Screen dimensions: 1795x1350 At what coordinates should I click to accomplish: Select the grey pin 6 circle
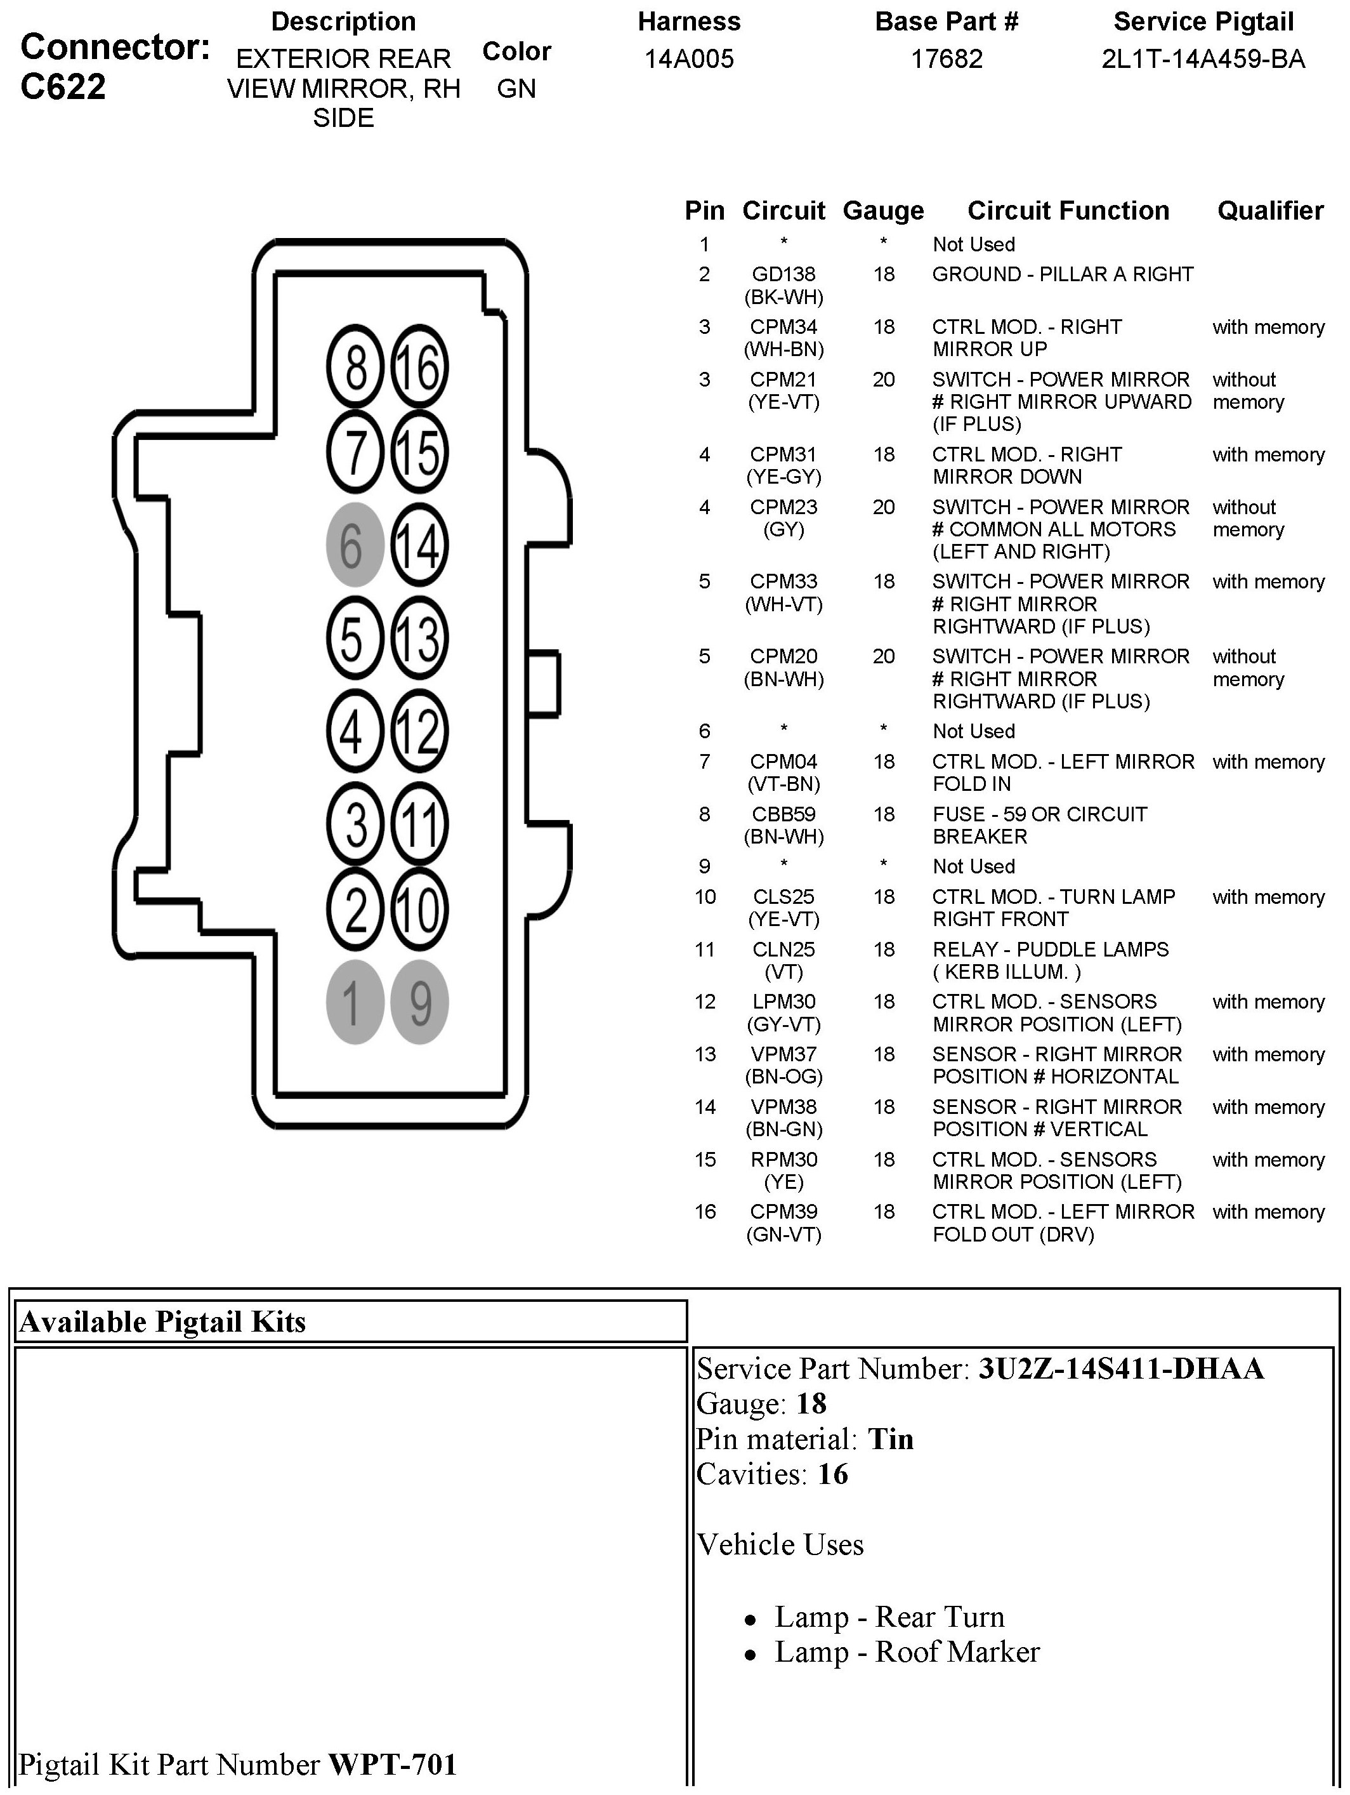(355, 545)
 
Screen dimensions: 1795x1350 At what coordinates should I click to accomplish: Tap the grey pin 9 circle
(419, 1002)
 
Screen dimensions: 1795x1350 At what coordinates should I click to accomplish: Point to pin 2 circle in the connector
(355, 910)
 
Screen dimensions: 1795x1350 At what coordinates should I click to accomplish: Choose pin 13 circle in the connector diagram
(419, 638)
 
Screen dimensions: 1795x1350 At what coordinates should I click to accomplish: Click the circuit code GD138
(783, 274)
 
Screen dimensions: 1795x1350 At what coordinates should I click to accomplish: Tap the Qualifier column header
(1269, 211)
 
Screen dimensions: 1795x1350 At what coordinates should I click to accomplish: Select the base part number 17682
(946, 59)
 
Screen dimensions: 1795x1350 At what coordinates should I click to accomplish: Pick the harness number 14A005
(689, 59)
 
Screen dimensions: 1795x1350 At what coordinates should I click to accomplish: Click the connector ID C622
(63, 87)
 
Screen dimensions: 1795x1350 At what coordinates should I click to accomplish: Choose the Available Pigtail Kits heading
(162, 1322)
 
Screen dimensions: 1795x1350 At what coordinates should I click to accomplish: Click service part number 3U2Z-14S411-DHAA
(1120, 1369)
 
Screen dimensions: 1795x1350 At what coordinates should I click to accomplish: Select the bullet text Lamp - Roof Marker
(906, 1652)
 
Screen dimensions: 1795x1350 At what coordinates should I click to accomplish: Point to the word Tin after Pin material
(890, 1440)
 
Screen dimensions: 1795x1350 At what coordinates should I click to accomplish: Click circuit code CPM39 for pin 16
(783, 1212)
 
